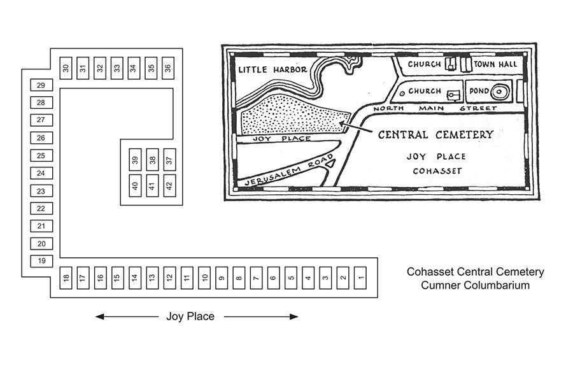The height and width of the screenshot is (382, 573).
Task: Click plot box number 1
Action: click(x=360, y=278)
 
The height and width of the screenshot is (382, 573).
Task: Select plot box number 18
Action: click(x=66, y=278)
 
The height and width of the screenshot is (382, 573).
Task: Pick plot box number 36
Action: click(x=167, y=68)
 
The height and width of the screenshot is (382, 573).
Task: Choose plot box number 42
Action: click(x=169, y=185)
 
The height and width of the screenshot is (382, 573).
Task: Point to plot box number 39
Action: click(x=135, y=160)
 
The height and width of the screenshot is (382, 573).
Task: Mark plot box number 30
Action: click(x=66, y=68)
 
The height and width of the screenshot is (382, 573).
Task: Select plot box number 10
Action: click(x=204, y=278)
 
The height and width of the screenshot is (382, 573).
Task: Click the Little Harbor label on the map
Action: click(x=272, y=69)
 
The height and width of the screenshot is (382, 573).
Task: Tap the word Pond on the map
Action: click(x=479, y=92)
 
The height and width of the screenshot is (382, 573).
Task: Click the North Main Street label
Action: click(x=434, y=109)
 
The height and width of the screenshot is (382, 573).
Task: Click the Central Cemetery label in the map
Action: click(x=435, y=135)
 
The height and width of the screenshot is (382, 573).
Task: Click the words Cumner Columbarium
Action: click(x=475, y=285)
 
